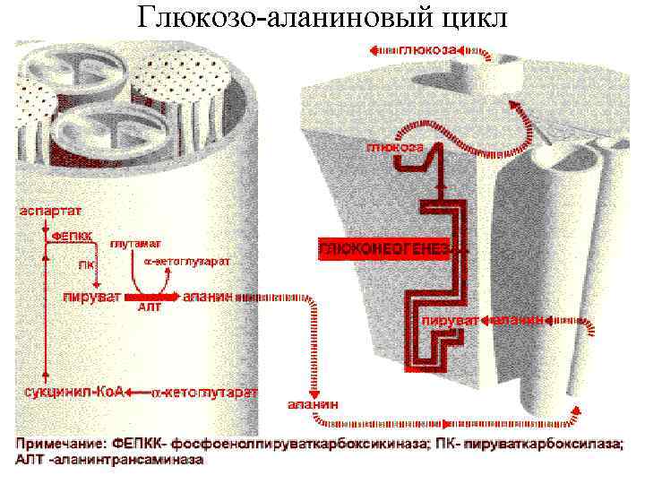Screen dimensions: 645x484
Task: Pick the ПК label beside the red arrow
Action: [x=85, y=264]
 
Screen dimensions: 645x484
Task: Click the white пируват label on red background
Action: [x=450, y=320]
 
